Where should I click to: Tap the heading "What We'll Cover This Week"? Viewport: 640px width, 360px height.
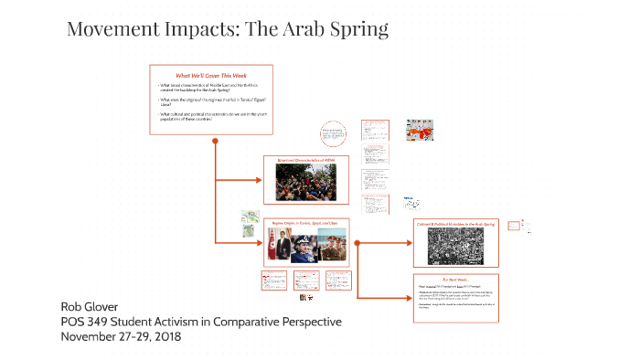[x=211, y=75]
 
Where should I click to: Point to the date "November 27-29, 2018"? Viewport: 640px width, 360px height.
[x=121, y=336]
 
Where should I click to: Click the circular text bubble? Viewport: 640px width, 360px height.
[x=333, y=136]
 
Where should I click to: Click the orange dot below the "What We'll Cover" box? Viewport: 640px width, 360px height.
[x=215, y=141]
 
